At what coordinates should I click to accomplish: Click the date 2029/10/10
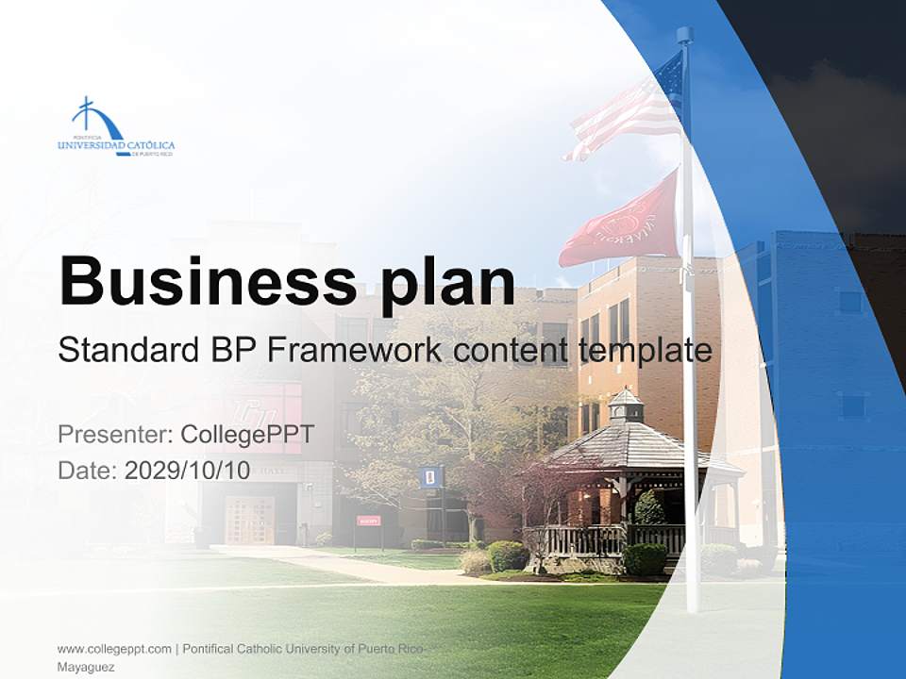188,471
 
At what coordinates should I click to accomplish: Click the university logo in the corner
116,127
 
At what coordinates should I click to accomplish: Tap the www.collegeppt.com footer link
114,649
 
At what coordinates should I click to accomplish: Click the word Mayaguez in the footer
86,667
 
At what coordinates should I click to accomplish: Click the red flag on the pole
623,224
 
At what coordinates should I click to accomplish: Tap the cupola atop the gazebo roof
625,406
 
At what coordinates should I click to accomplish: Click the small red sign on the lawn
369,521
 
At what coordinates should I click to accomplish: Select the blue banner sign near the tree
429,476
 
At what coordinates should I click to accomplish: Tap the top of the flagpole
684,36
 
